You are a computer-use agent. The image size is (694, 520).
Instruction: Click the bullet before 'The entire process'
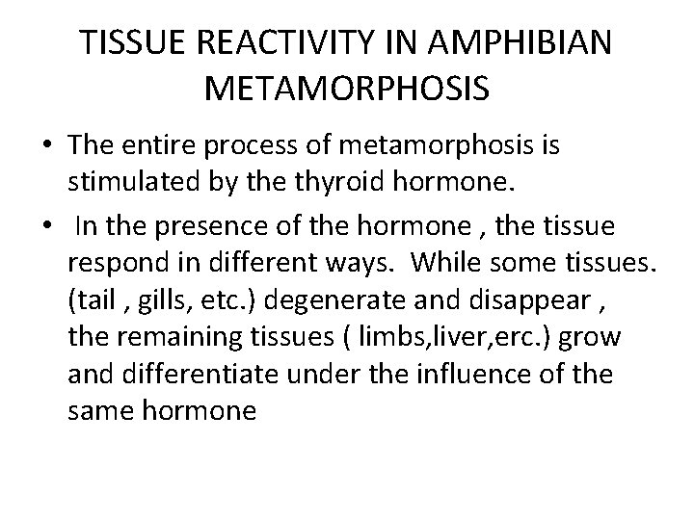pyautogui.click(x=46, y=146)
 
